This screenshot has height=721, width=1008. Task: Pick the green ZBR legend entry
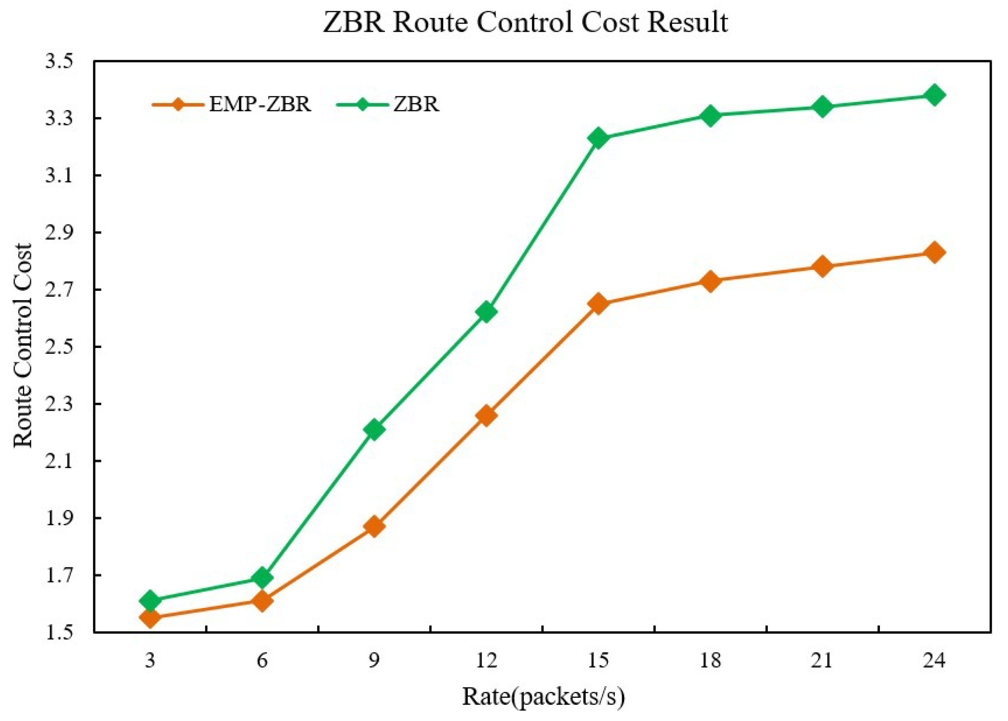(x=416, y=105)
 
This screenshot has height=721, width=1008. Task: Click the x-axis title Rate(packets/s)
(x=543, y=697)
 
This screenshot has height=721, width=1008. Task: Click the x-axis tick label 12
(x=486, y=661)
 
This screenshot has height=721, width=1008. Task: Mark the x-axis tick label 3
(x=150, y=661)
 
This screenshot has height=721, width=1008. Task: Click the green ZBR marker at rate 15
(x=598, y=138)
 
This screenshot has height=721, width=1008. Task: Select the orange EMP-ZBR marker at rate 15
(x=598, y=304)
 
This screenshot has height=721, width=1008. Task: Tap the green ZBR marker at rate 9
(x=374, y=429)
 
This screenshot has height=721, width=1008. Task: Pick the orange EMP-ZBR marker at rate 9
(x=374, y=527)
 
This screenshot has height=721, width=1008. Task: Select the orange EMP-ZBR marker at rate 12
(x=486, y=415)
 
